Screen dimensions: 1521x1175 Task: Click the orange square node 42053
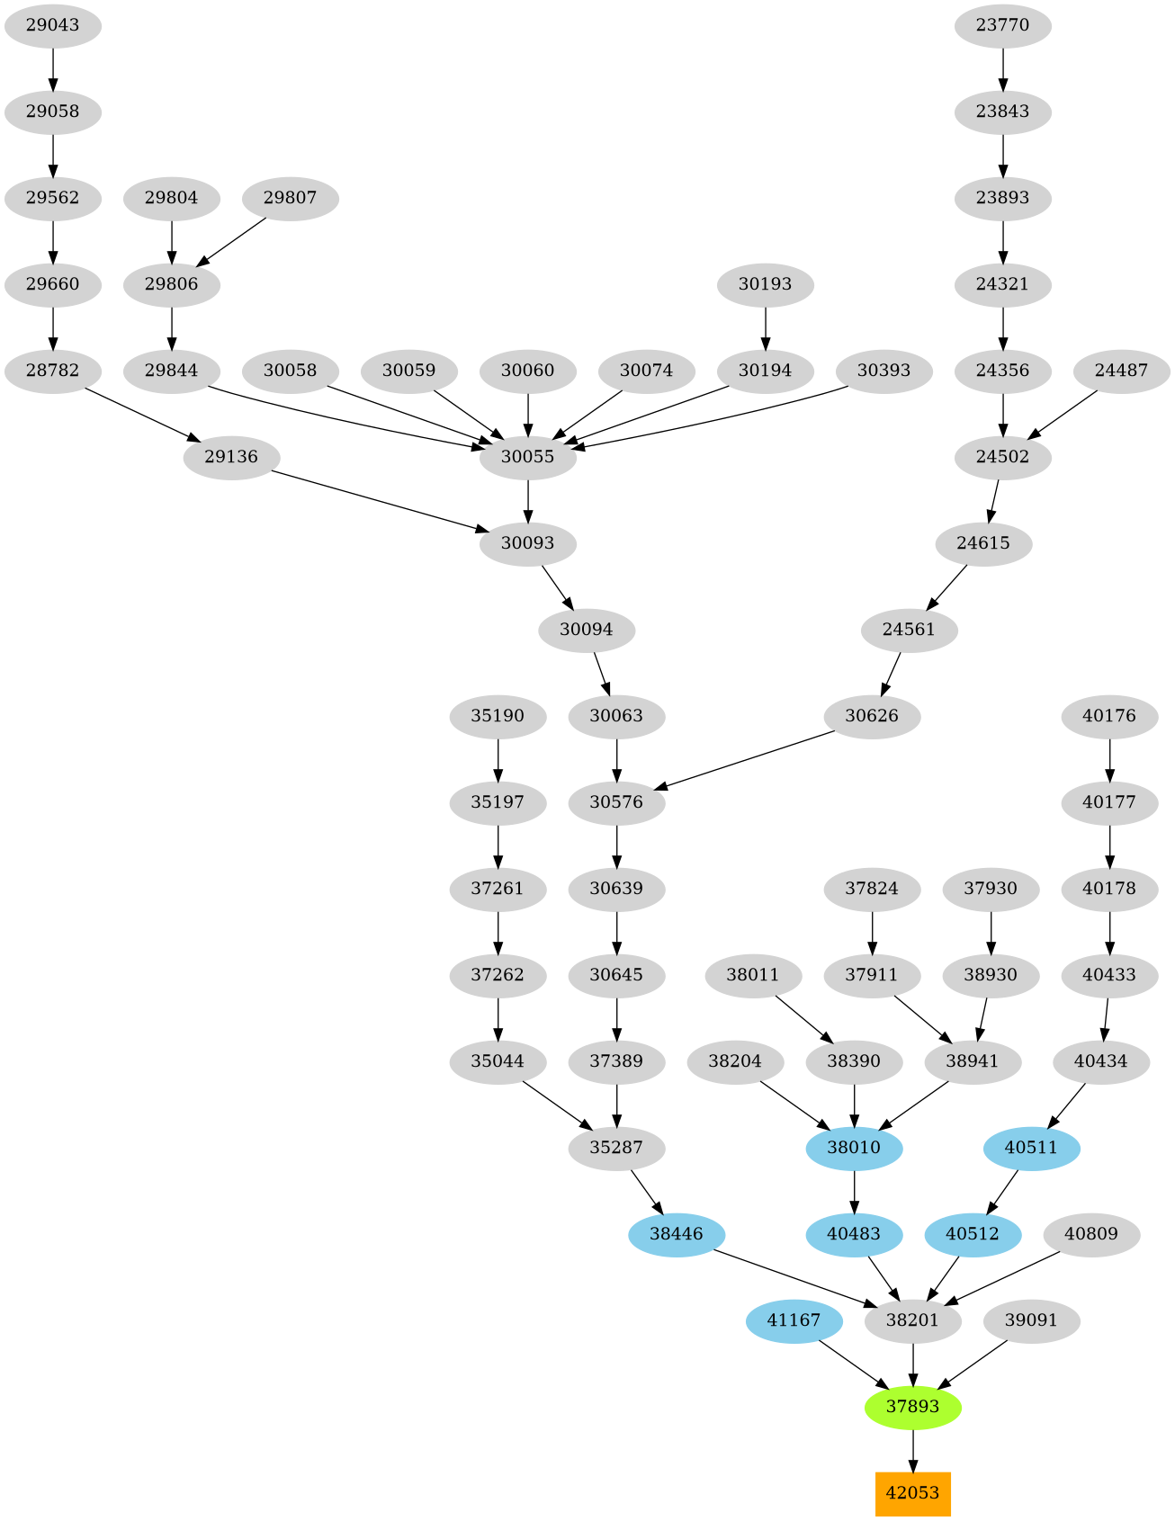912,1493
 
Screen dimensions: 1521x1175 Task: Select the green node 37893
912,1407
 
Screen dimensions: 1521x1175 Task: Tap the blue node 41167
794,1320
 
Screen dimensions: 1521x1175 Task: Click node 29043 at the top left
52,25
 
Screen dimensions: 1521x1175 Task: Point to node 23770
1002,25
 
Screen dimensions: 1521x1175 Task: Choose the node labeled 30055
527,457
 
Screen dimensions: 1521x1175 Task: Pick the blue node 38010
854,1148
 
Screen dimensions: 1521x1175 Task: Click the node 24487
1121,371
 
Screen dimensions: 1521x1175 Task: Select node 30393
883,371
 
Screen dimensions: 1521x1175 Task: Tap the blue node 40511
1031,1148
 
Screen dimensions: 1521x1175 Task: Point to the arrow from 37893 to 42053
912,1450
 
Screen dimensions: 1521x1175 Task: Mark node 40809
1090,1234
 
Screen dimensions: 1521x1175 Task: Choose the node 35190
498,716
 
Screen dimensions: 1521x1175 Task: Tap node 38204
734,1061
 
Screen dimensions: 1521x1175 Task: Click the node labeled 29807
290,198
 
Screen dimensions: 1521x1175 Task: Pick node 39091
1031,1320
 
